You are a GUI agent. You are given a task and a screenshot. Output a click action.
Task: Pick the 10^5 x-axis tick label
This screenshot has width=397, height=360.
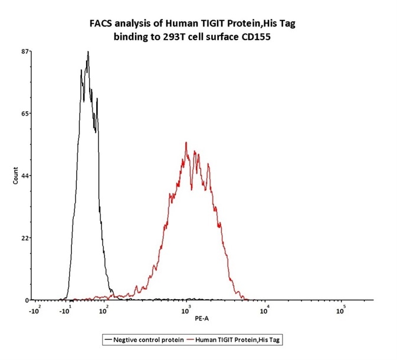[340, 310]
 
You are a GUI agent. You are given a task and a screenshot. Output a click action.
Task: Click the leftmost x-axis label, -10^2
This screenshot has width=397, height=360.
[35, 310]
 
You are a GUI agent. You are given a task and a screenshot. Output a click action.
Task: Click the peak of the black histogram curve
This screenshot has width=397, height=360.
[88, 52]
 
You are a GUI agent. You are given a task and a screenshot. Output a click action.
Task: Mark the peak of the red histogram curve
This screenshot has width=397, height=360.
[186, 142]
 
